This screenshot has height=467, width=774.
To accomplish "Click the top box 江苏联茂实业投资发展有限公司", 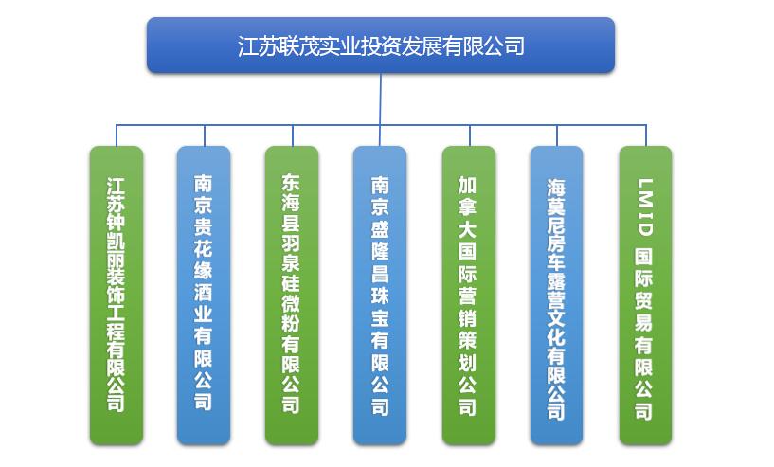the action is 381,45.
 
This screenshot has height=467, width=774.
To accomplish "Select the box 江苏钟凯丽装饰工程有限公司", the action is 117,296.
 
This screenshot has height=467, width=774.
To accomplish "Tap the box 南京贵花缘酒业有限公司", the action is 204,296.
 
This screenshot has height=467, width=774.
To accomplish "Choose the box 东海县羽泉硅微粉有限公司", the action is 292,296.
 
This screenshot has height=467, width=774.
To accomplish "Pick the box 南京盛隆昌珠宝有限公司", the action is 380,296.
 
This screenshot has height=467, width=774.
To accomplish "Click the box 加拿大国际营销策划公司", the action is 469,296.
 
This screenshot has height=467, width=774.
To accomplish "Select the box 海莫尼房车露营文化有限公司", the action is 557,296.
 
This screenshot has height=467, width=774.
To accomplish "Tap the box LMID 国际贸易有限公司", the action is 646,296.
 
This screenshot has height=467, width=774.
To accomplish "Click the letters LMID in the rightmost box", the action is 644,207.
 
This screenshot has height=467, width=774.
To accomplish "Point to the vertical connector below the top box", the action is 381,99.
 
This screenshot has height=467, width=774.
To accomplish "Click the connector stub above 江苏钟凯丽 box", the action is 117,135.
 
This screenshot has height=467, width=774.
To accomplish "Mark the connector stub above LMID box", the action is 646,135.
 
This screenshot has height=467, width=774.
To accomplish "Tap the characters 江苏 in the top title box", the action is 257,45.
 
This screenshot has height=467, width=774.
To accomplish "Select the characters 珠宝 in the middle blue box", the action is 380,307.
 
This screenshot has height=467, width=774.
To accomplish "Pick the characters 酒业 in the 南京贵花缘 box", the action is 204,302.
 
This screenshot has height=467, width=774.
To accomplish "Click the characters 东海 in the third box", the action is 291,192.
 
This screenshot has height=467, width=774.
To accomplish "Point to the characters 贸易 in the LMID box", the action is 643,311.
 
